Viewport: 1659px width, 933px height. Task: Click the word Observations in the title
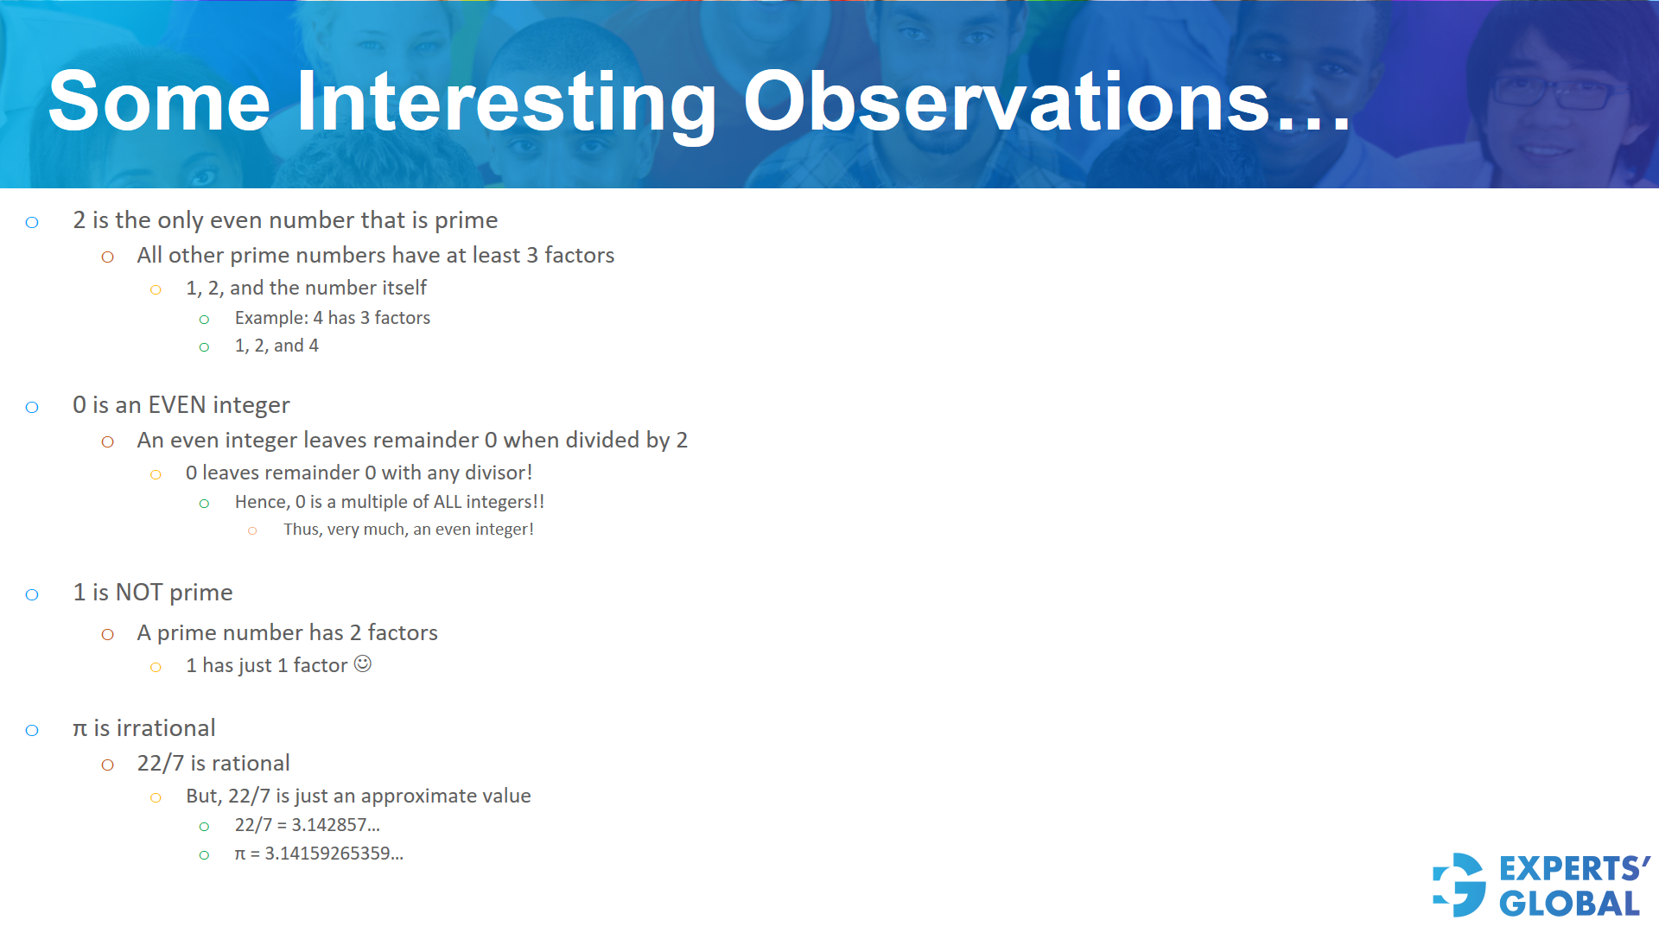point(1007,102)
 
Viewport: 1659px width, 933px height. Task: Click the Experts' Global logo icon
point(1459,885)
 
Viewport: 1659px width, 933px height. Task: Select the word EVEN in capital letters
point(176,405)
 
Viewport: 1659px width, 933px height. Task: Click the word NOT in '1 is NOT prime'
point(139,593)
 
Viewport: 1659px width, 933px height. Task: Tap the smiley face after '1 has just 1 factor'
point(363,663)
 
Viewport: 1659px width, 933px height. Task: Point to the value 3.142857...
point(335,825)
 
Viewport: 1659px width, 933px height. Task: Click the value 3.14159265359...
point(334,854)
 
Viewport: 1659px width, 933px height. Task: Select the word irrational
point(166,728)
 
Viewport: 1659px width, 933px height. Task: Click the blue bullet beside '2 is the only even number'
point(32,222)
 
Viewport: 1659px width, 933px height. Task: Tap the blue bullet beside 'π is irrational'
point(32,730)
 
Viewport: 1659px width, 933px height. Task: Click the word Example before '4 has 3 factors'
point(270,318)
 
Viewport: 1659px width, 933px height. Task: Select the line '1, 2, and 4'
point(276,346)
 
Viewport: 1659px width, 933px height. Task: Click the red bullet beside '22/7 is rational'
point(107,765)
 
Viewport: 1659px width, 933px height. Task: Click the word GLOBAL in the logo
point(1569,904)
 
